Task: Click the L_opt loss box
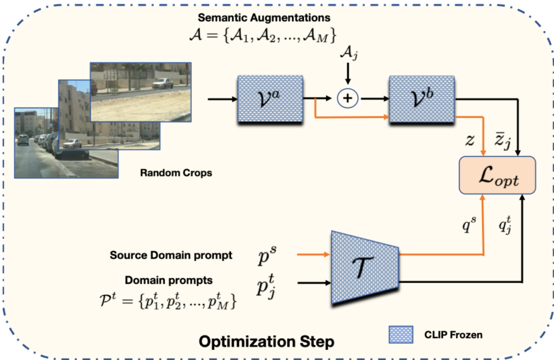[497, 176]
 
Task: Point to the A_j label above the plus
[348, 54]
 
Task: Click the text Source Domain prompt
[170, 255]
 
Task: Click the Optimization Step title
[266, 342]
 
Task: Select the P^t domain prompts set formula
[168, 299]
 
